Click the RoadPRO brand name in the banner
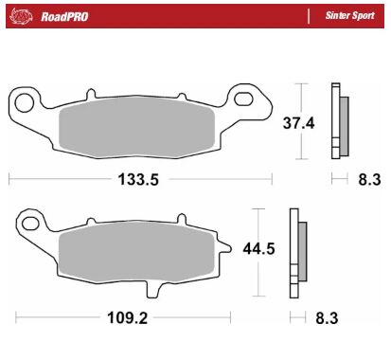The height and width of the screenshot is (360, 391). (65, 16)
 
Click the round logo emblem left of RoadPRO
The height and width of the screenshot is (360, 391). (23, 16)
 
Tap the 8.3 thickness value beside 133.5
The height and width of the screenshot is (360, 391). (369, 179)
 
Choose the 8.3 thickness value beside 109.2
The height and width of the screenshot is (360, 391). (326, 319)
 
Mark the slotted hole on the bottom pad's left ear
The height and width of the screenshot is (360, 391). (31, 225)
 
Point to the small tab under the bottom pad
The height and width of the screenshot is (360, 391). (160, 289)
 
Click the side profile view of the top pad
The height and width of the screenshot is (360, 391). (337, 121)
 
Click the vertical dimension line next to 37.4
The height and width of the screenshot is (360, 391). (302, 121)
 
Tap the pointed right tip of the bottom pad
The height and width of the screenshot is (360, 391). (227, 248)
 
